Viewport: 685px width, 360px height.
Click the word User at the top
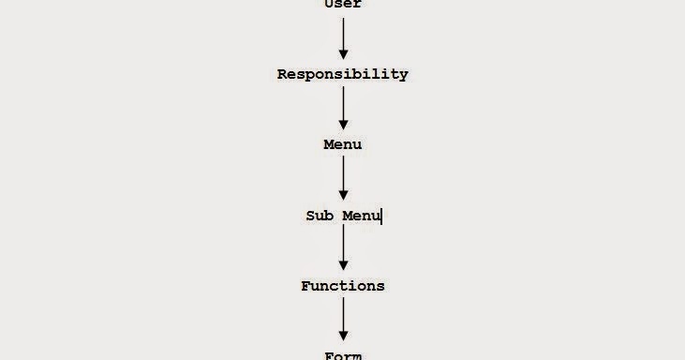[x=342, y=4]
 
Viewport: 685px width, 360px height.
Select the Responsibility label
[x=342, y=74]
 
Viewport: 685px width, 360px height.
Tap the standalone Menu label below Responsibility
[x=342, y=144]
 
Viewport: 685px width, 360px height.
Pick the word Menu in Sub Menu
[x=361, y=216]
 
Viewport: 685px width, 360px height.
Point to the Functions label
[x=342, y=286]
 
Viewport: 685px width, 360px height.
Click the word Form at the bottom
[x=342, y=355]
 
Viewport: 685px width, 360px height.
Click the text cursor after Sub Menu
[x=382, y=217]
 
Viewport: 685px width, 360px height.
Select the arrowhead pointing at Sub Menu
[x=343, y=194]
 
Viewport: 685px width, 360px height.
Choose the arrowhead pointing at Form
[x=343, y=335]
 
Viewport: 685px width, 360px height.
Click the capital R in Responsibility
[x=282, y=74]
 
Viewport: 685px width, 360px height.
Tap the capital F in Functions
[x=305, y=286]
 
